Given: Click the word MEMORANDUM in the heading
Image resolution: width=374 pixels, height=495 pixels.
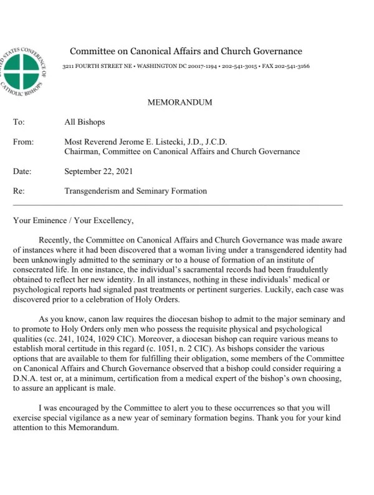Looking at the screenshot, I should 180,102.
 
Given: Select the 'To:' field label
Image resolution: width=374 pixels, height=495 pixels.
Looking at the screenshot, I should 19,123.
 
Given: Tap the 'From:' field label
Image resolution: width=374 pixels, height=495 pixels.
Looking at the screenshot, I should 23,142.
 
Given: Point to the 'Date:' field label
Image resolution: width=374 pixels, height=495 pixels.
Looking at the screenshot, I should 22,171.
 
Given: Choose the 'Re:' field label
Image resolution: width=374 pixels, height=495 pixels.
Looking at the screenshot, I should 19,191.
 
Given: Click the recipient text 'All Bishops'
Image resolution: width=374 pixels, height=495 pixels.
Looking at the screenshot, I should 85,123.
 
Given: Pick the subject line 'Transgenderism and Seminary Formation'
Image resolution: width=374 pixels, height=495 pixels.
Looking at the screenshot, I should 135,191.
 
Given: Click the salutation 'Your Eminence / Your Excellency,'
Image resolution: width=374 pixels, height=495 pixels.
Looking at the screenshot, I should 73,220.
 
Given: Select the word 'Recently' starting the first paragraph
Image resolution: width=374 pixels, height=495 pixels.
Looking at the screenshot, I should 55,239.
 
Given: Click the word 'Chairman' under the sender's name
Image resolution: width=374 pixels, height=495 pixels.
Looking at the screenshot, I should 82,151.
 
